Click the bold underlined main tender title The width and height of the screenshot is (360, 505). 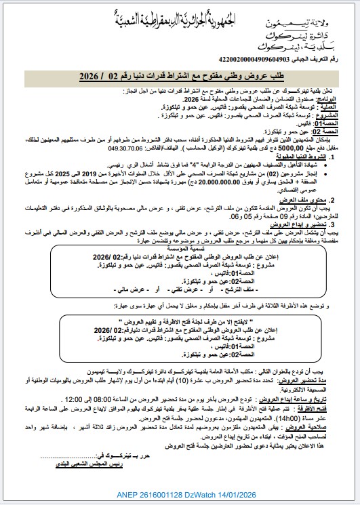tap(180, 77)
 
